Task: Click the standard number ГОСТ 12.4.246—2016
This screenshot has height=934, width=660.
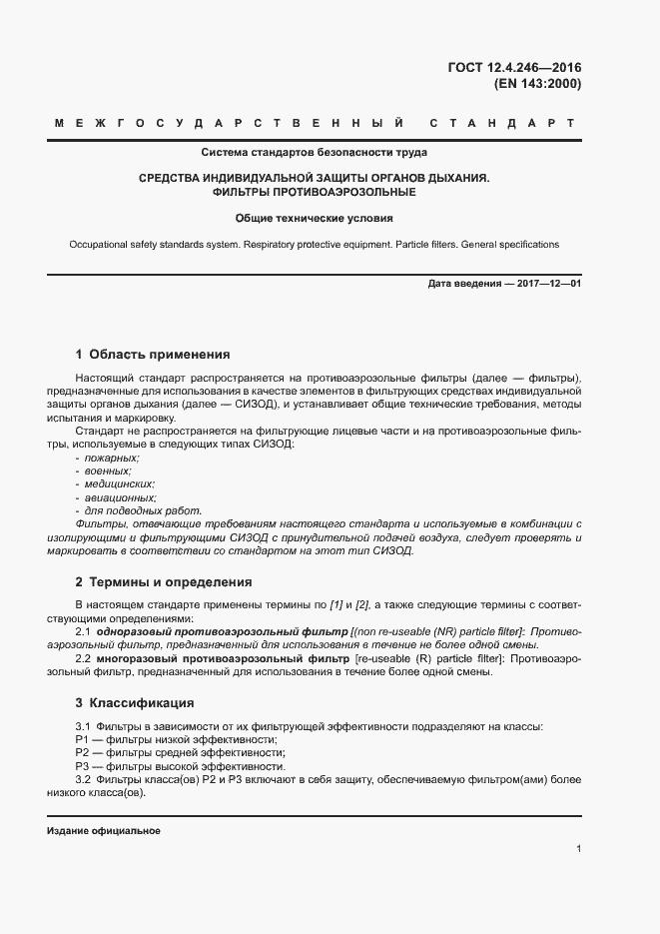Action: tap(514, 68)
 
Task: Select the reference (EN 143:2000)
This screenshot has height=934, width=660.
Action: tap(537, 84)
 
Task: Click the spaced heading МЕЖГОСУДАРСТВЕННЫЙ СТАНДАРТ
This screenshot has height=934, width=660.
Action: tap(315, 124)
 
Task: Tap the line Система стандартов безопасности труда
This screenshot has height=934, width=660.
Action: tap(315, 153)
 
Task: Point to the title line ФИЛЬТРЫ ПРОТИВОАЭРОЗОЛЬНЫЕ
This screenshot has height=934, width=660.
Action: tap(315, 191)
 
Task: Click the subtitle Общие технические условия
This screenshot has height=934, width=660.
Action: tap(315, 217)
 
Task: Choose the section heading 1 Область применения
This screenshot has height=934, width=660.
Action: tap(153, 354)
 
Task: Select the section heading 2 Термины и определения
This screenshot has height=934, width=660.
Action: tap(164, 581)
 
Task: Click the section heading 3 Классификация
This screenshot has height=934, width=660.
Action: tap(134, 702)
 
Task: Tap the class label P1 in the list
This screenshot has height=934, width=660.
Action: tap(82, 739)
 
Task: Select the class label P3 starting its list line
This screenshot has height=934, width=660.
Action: tap(82, 766)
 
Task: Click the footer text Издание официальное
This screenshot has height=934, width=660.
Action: tap(104, 831)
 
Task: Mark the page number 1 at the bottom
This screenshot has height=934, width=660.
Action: tap(579, 849)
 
